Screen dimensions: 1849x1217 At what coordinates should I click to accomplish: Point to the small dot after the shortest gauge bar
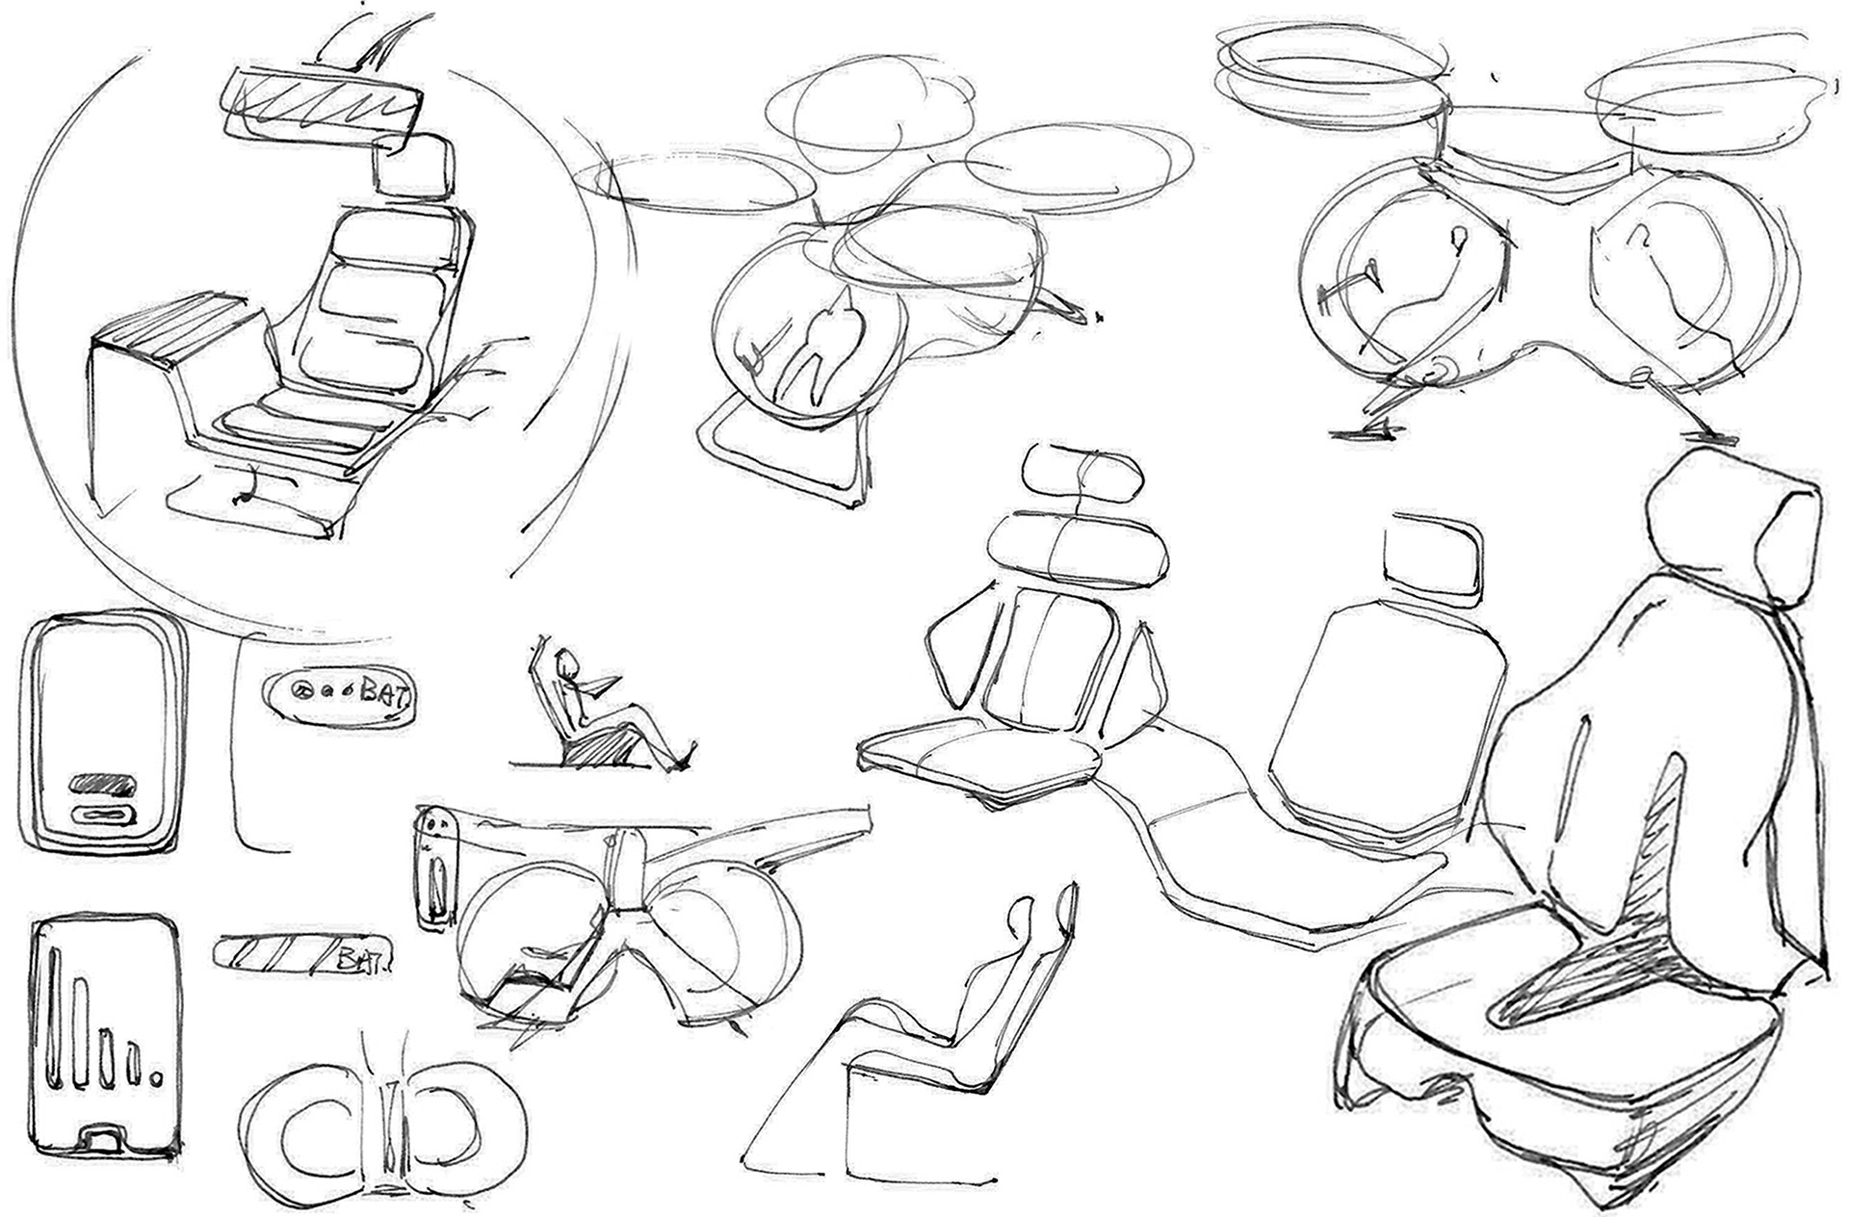click(157, 1077)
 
